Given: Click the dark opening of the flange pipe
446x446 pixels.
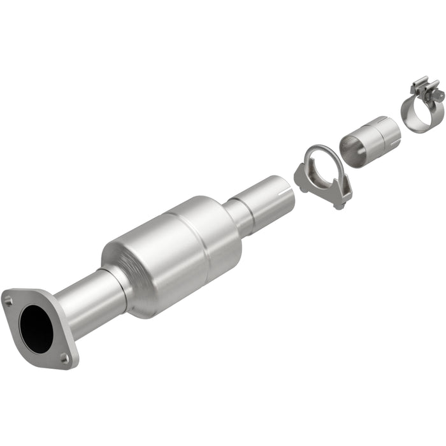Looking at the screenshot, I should click(36, 327).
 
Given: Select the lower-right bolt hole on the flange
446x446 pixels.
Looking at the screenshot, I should click(64, 359).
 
